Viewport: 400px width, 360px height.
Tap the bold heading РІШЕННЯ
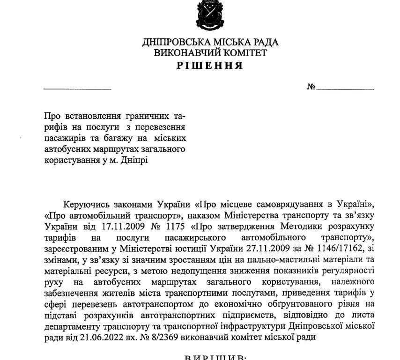210,66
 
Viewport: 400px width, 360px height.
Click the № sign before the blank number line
311,87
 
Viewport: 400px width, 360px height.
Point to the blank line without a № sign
77,88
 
